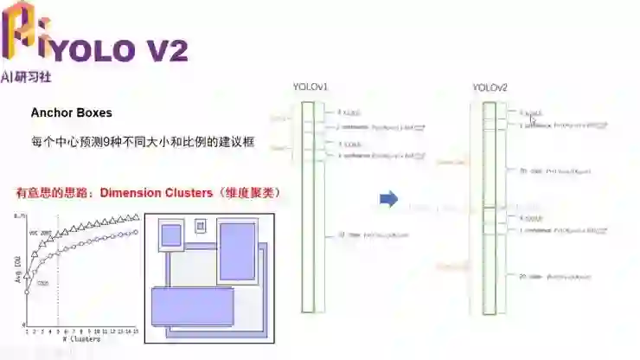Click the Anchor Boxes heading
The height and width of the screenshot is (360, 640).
pos(72,112)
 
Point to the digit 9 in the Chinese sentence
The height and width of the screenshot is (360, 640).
pos(106,140)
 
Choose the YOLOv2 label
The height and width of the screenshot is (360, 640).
pos(490,87)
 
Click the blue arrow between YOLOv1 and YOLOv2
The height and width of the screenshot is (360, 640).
pos(389,200)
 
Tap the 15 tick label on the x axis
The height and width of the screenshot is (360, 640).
pos(136,332)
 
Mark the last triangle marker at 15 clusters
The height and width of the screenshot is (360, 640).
pos(136,217)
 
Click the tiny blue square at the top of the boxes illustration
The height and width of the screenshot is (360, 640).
pos(201,226)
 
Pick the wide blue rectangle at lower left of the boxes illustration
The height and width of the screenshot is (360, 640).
pos(192,305)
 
